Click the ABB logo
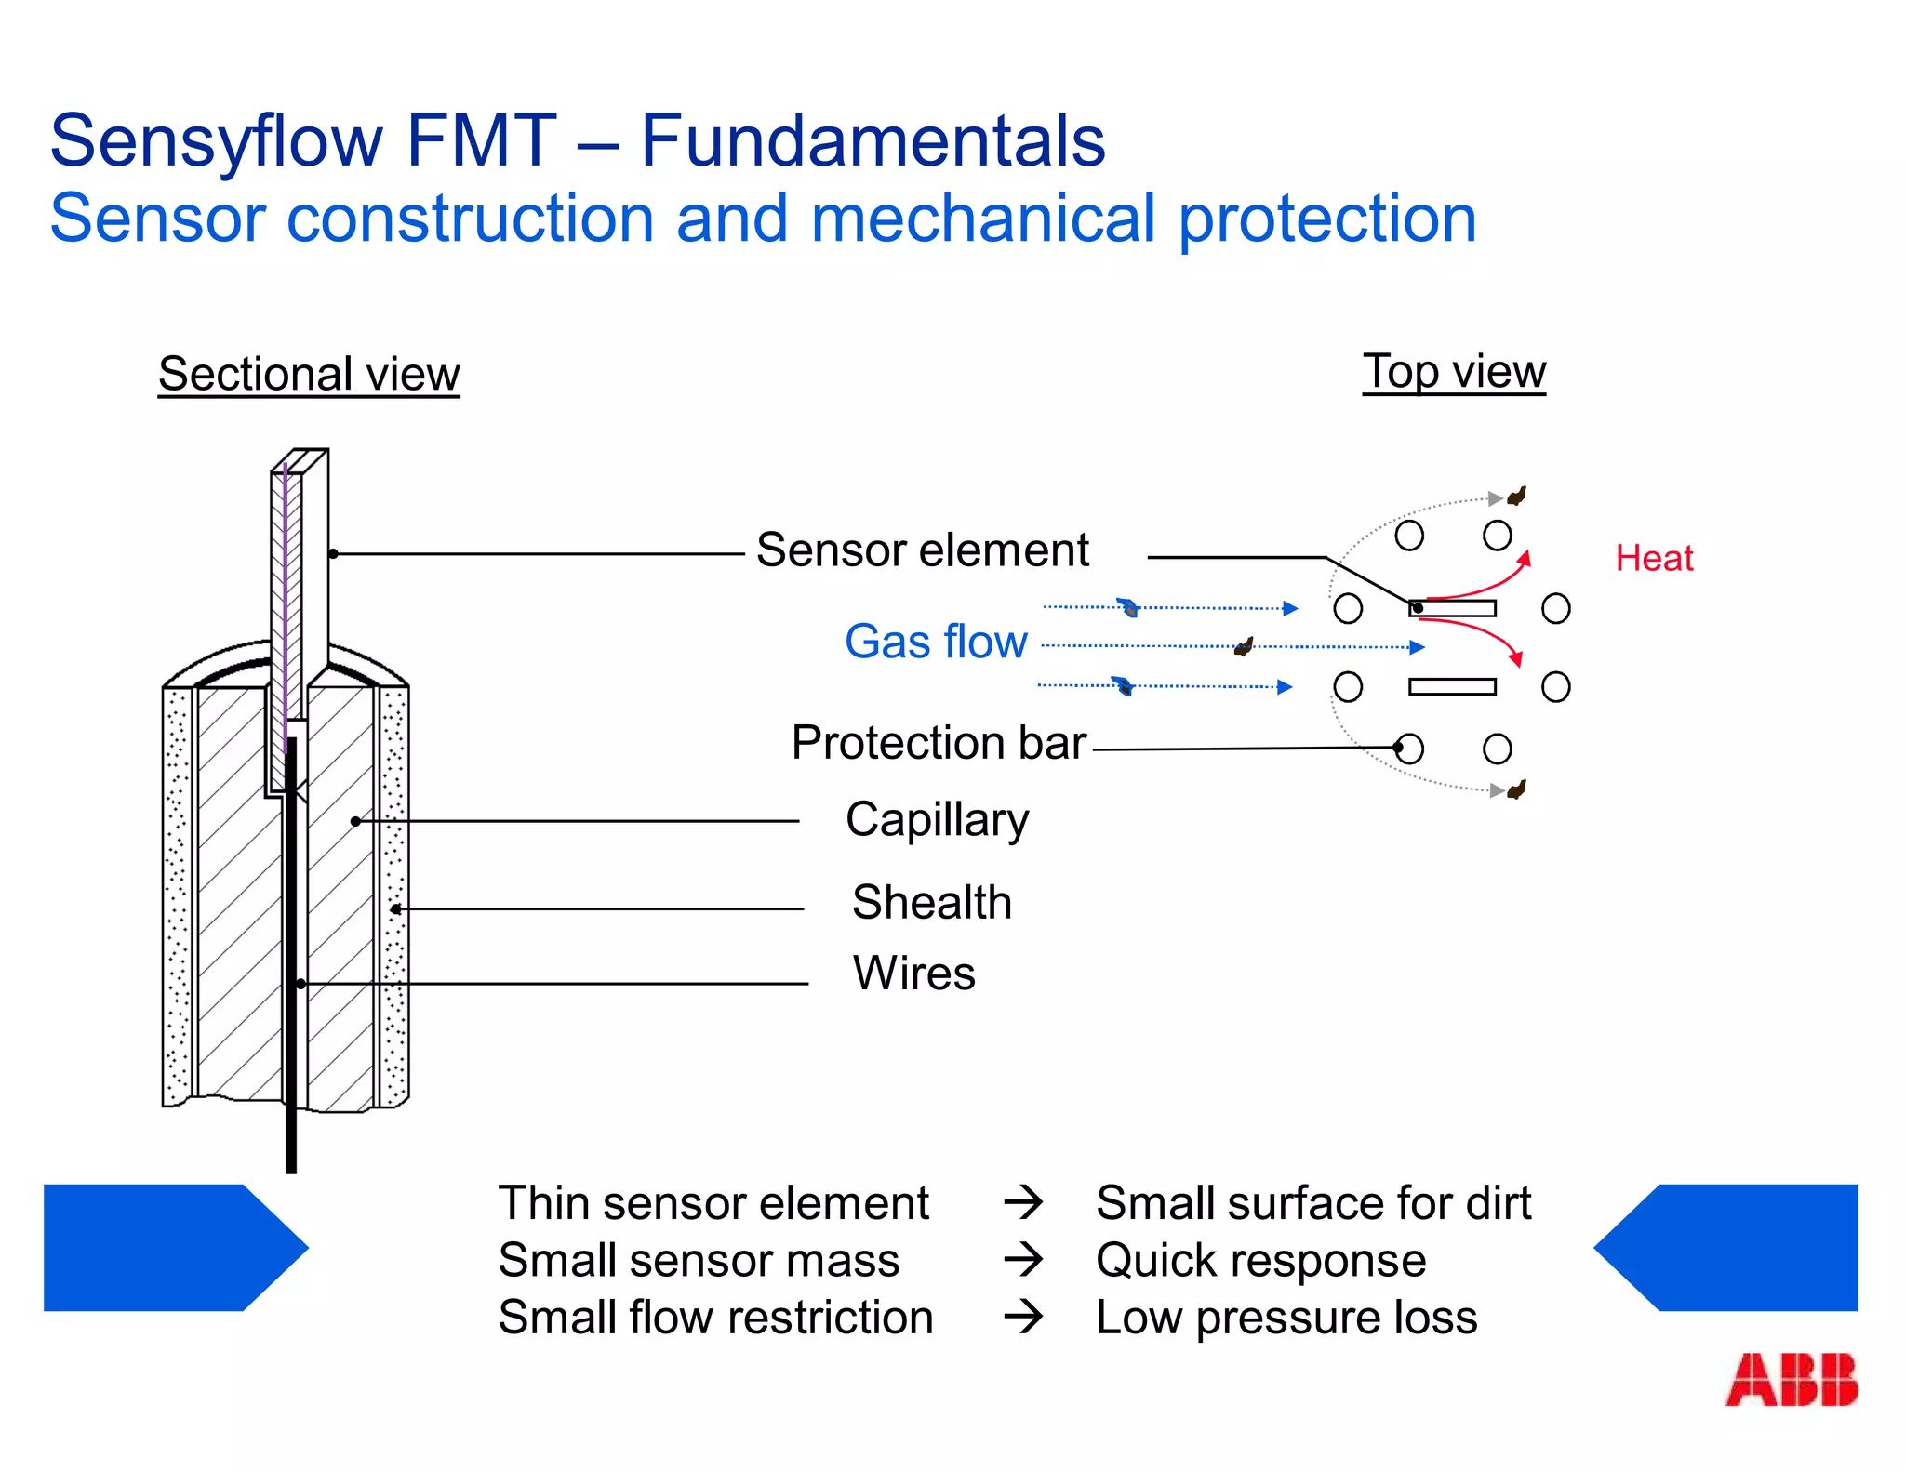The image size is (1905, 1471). coord(1791,1379)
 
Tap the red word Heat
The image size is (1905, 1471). coord(1654,559)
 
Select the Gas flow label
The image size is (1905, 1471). coord(936,642)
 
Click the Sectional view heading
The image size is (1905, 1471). coord(309,374)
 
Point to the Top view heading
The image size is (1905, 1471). coord(1454,372)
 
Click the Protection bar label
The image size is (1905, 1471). coord(939,743)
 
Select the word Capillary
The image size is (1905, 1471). coord(937,820)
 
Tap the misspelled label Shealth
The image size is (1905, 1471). coord(932,902)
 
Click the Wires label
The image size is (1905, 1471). coord(914,974)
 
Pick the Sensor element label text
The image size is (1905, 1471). coord(922,550)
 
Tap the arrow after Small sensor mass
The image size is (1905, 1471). coord(1023,1260)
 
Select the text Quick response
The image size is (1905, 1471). coord(1260,1261)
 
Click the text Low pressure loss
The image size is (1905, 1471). coord(1286,1318)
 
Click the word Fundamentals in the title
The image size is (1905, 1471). coord(873,141)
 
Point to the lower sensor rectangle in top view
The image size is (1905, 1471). coord(1452,687)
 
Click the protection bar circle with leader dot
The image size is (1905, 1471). coord(1409,749)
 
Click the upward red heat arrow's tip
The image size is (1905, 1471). coord(1526,555)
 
